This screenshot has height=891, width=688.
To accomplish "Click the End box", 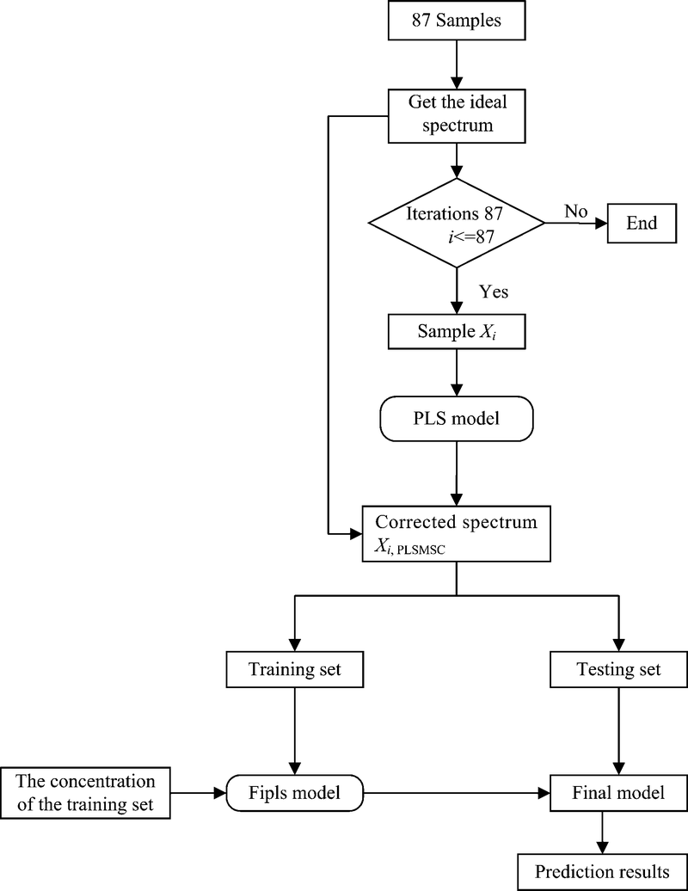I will pos(642,224).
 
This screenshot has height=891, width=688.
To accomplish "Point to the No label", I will pos(577,212).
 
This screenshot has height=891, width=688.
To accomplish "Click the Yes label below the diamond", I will pos(494,292).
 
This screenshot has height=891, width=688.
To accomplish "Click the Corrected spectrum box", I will pos(456,534).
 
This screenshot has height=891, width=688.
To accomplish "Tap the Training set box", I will pos(296,669).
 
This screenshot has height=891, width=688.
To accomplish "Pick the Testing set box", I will pos(617,669).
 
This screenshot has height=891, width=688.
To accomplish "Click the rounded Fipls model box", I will pos(296,791).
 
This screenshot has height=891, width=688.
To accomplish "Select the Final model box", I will pos(617,791).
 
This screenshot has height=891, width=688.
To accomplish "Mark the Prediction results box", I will pos(602,872).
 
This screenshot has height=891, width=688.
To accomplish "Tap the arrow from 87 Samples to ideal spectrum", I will pos(456,62).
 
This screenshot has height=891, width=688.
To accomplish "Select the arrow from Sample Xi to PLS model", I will pos(456,373).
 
